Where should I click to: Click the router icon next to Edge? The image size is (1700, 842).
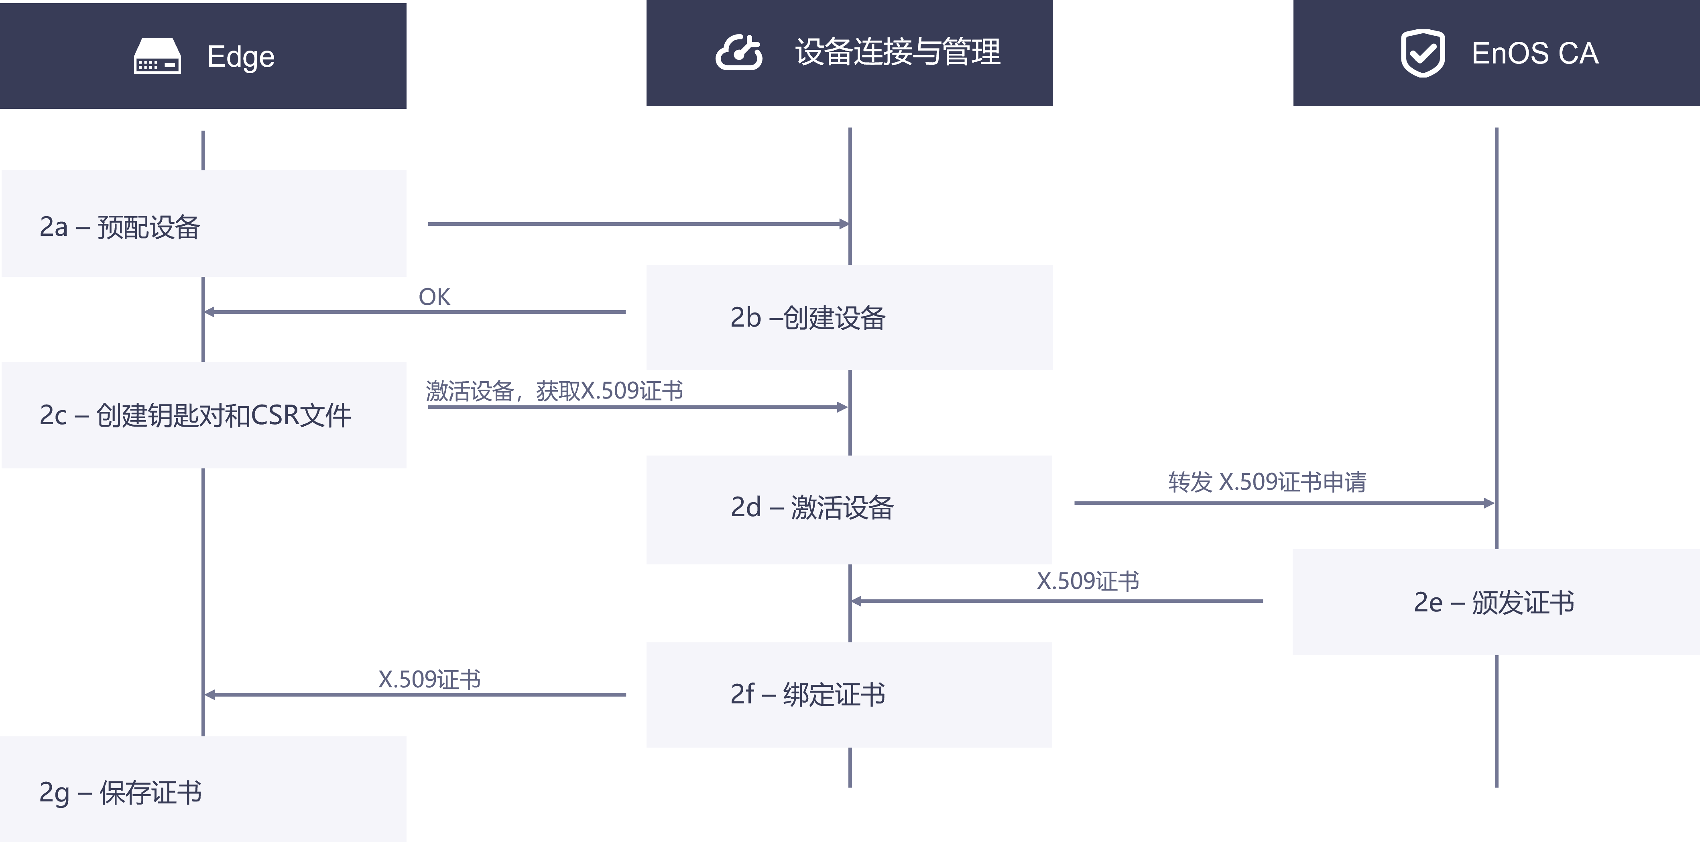pos(157,56)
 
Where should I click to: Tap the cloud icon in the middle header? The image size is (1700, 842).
pos(738,53)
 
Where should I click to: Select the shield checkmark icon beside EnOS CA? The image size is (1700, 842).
pos(1422,53)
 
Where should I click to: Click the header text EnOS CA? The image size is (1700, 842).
pos(1534,53)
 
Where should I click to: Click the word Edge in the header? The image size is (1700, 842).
pos(241,57)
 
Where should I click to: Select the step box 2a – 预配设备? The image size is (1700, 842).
pos(203,224)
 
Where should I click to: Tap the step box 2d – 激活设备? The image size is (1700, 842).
pos(849,509)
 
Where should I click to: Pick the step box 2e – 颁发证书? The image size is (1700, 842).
pos(1495,602)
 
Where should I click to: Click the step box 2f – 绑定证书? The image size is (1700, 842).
pos(849,695)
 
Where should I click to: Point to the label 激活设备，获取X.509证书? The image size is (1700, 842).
pos(554,391)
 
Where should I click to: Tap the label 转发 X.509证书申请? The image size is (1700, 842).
pos(1267,482)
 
